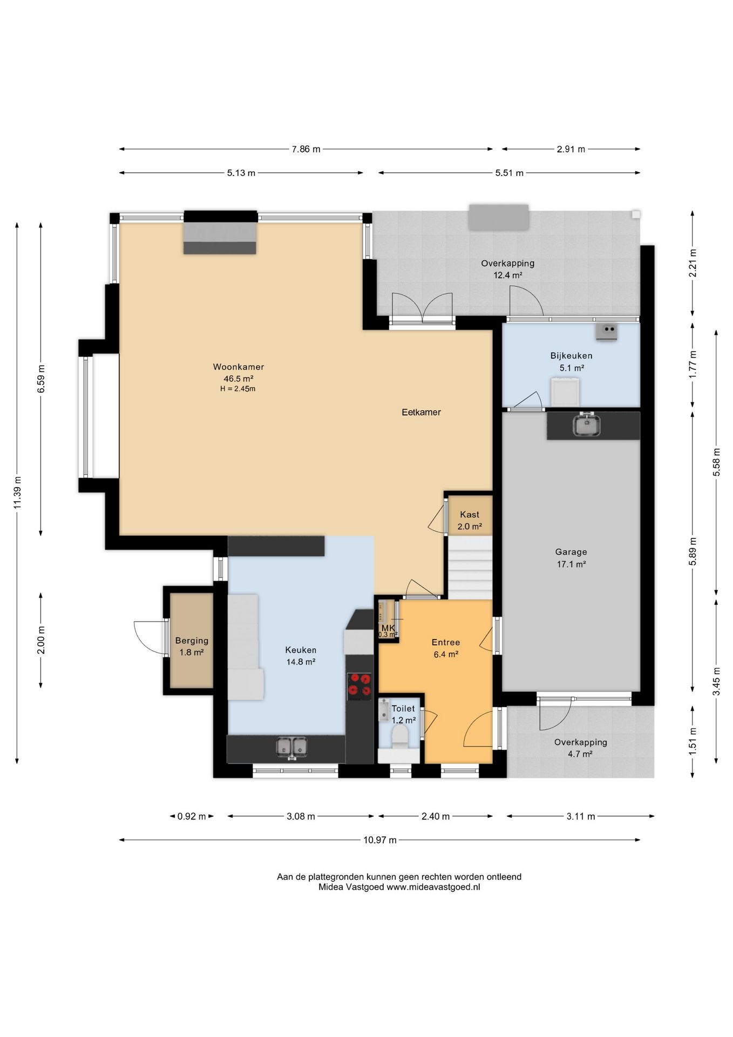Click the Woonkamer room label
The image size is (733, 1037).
[x=239, y=367]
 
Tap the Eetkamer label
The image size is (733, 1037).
[x=421, y=412]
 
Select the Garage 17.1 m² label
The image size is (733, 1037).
[x=571, y=558]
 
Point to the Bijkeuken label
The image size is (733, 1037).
[x=571, y=355]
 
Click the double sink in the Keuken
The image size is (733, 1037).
[x=291, y=747]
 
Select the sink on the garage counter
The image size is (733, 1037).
[x=587, y=424]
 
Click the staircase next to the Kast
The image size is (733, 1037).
[x=471, y=567]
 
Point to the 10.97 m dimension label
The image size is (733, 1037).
[x=380, y=840]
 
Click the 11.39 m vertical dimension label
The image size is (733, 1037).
[x=17, y=492]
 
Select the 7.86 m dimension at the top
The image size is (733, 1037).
[x=306, y=149]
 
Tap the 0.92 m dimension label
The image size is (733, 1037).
[x=192, y=816]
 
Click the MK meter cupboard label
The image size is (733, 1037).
[x=388, y=628]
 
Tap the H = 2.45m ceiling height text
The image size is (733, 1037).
[x=237, y=389]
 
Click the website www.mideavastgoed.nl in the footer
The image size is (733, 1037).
[x=433, y=887]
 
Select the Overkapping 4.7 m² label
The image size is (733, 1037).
[x=580, y=748]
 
